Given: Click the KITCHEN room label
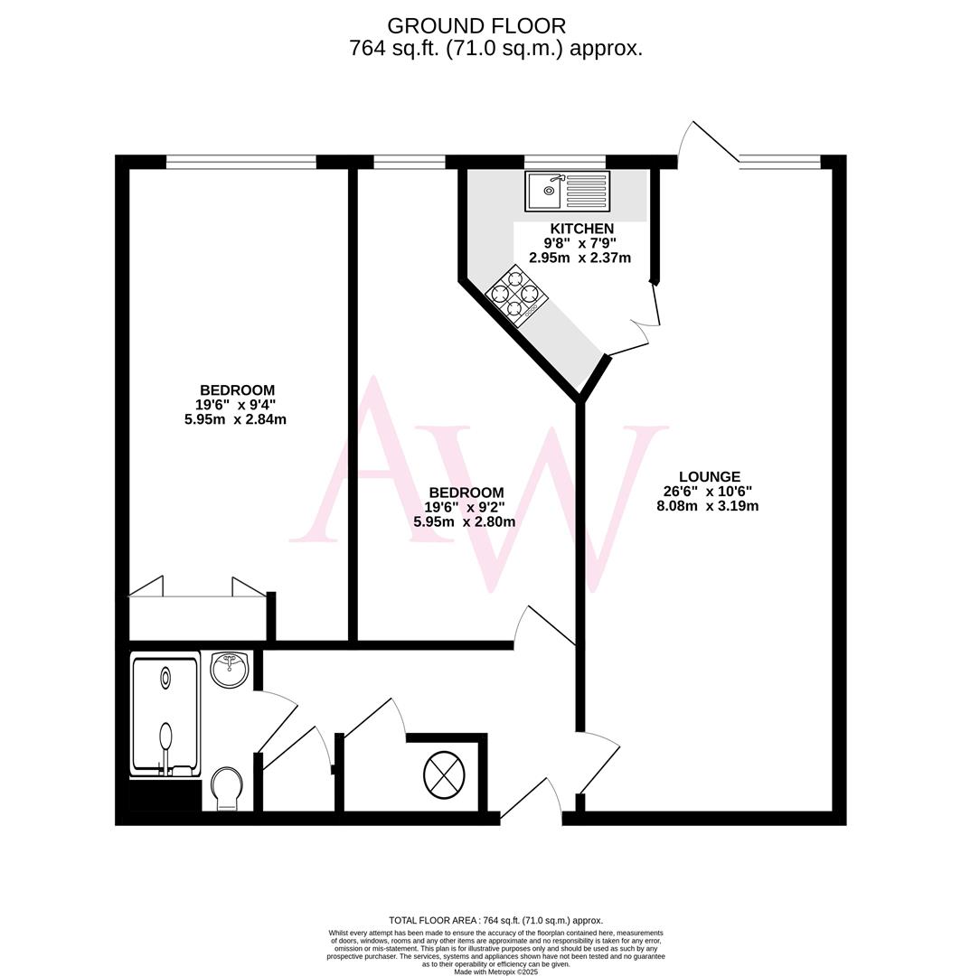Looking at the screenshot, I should [579, 229].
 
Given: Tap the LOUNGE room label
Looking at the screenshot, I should [710, 476].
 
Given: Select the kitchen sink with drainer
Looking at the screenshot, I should [568, 191].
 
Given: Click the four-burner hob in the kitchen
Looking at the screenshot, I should [513, 295].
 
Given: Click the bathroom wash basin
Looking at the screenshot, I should [229, 670].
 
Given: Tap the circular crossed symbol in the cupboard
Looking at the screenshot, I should [445, 774].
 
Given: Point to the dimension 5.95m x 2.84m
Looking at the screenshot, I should [235, 419].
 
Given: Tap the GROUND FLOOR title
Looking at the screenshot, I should [476, 25].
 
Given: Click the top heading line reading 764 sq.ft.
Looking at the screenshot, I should [495, 49].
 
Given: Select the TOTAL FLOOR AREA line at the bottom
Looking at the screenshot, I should [495, 920].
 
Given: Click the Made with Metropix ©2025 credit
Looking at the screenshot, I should [495, 971].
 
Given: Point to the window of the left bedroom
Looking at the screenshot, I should [241, 162].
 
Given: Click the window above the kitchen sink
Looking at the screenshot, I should [564, 162].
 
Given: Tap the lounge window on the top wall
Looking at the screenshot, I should [779, 162].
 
